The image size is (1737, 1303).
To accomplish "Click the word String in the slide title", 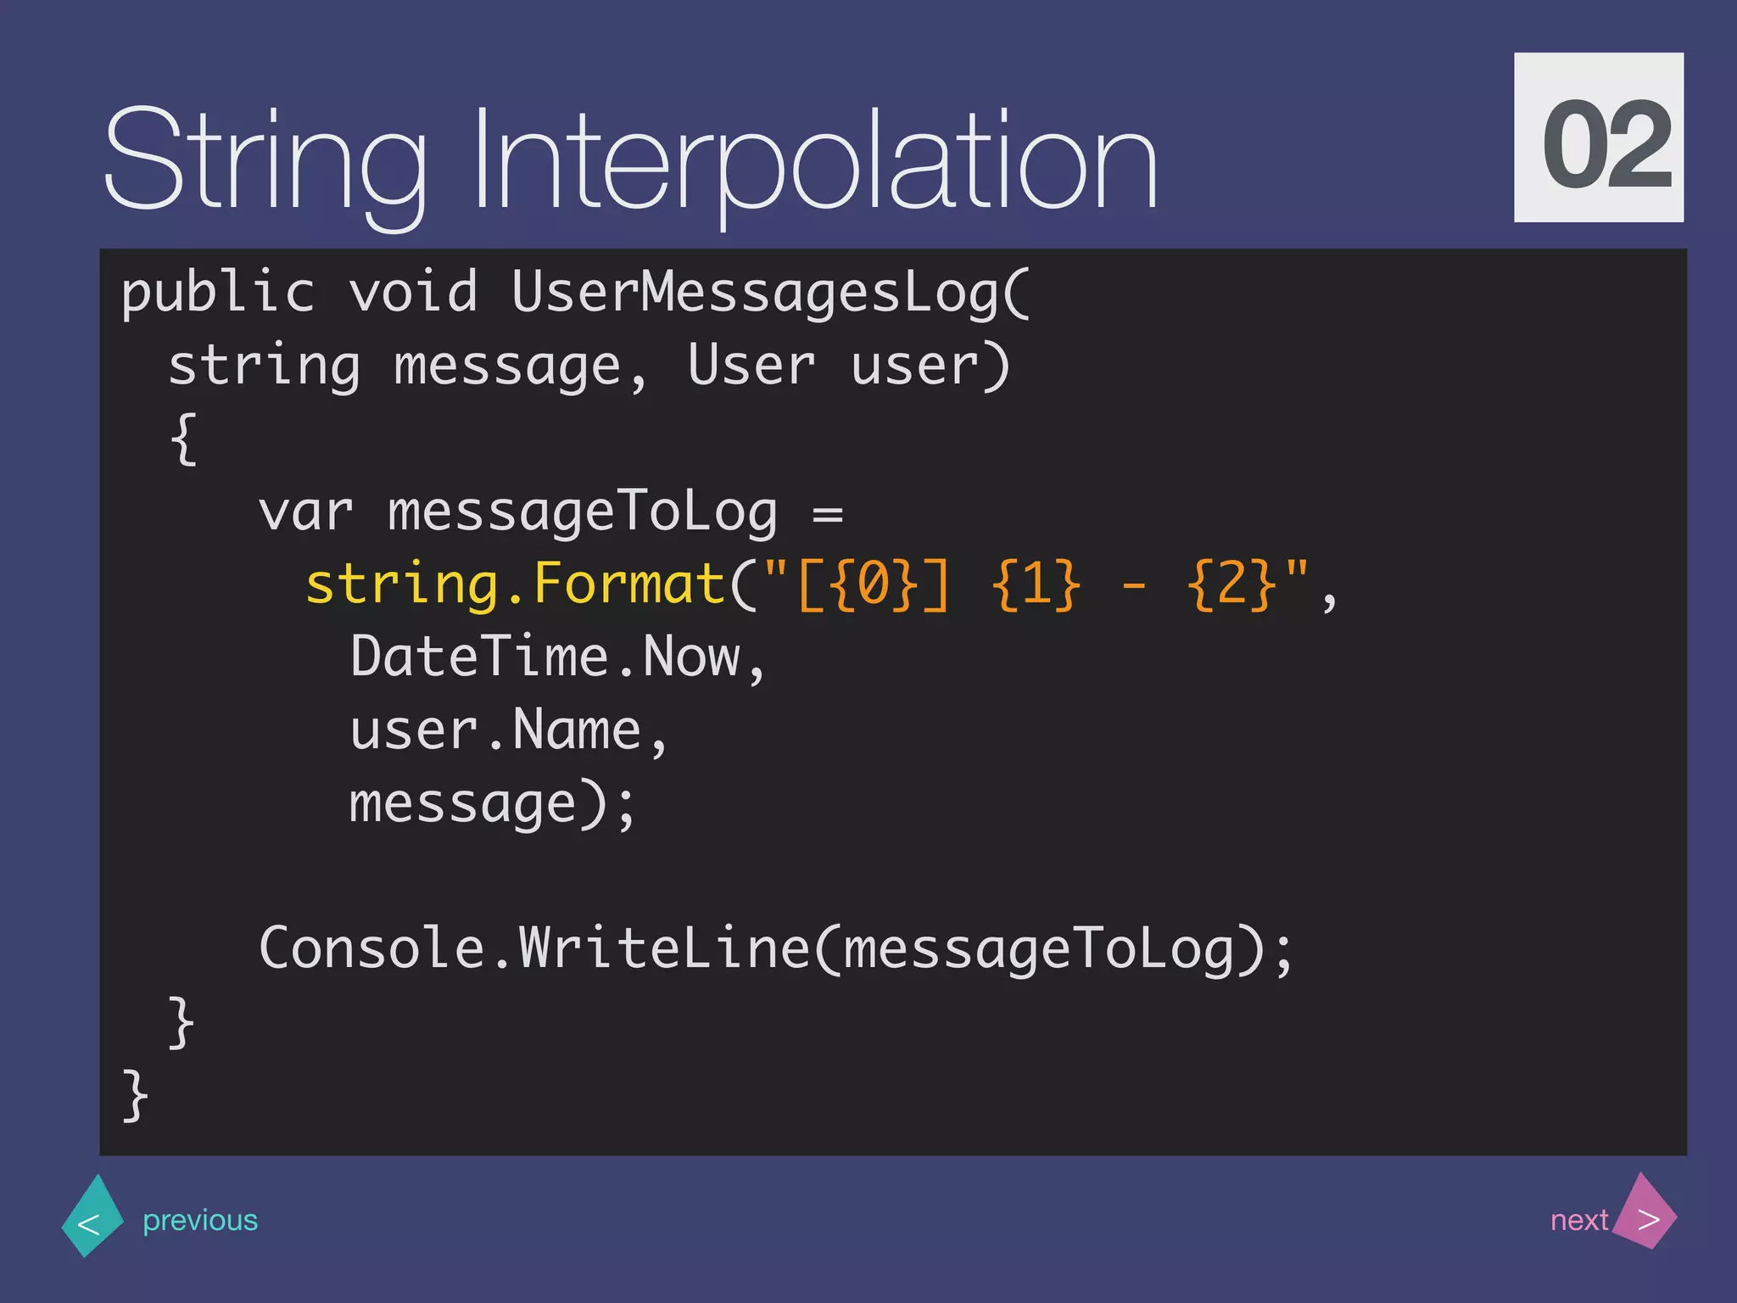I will [x=265, y=161].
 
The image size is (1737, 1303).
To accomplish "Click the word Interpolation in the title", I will [x=814, y=161].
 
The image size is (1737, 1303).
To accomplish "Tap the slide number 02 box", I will [x=1599, y=137].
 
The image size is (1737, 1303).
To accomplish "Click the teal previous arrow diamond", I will [x=92, y=1216].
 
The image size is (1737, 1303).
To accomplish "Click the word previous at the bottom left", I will [x=200, y=1220].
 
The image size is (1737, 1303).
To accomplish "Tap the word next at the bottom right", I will [x=1578, y=1220].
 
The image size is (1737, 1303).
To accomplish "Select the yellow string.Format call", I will [x=514, y=585].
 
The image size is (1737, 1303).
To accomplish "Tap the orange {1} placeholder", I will [x=1036, y=585].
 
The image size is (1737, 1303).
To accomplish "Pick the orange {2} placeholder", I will [x=1231, y=585].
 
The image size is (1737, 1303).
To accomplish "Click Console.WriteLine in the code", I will [x=534, y=948].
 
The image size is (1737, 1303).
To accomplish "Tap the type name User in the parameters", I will [x=751, y=366].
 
